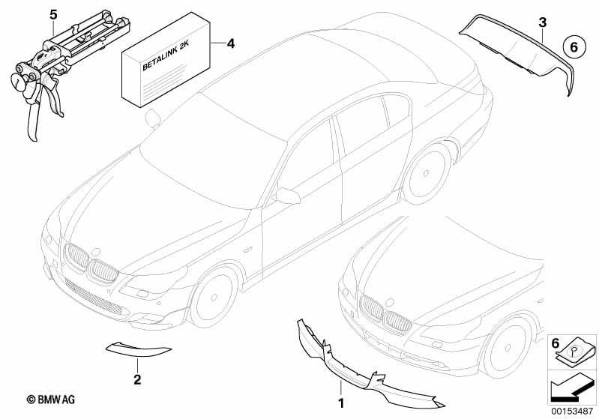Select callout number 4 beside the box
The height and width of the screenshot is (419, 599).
231,44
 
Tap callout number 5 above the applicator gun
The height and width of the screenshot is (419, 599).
53,15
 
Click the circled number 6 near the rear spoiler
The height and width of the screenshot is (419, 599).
574,47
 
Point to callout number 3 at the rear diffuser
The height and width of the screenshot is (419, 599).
543,22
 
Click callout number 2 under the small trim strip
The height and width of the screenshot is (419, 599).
137,380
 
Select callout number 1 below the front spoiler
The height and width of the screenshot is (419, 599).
341,403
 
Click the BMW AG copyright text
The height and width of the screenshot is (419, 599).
51,400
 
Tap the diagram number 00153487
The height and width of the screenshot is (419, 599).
572,412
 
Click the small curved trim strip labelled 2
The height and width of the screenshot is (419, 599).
137,349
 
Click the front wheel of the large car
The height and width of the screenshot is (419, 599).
214,297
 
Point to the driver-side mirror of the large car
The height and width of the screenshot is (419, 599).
287,195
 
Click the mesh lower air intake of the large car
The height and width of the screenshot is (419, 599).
93,296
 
